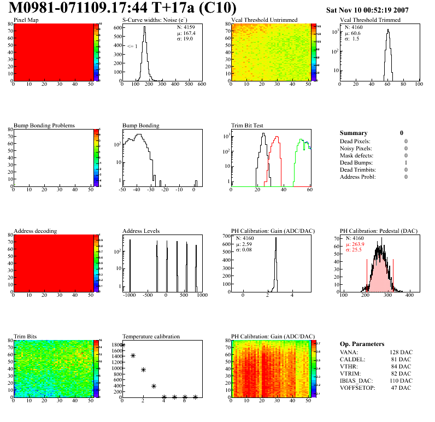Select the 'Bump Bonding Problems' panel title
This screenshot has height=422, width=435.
[x=44, y=126]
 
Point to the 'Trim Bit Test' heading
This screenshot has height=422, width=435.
[x=248, y=126]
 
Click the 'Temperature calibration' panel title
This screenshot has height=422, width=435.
[x=151, y=336]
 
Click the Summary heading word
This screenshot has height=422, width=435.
[x=354, y=133]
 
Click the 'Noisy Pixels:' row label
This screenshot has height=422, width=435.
[x=356, y=148]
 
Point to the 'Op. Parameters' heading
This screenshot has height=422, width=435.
[x=362, y=344]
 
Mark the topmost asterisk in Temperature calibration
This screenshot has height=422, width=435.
[x=122, y=345]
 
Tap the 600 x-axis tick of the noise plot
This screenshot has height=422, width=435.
[x=201, y=85]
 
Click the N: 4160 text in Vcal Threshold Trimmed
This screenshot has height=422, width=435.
[x=355, y=27]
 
